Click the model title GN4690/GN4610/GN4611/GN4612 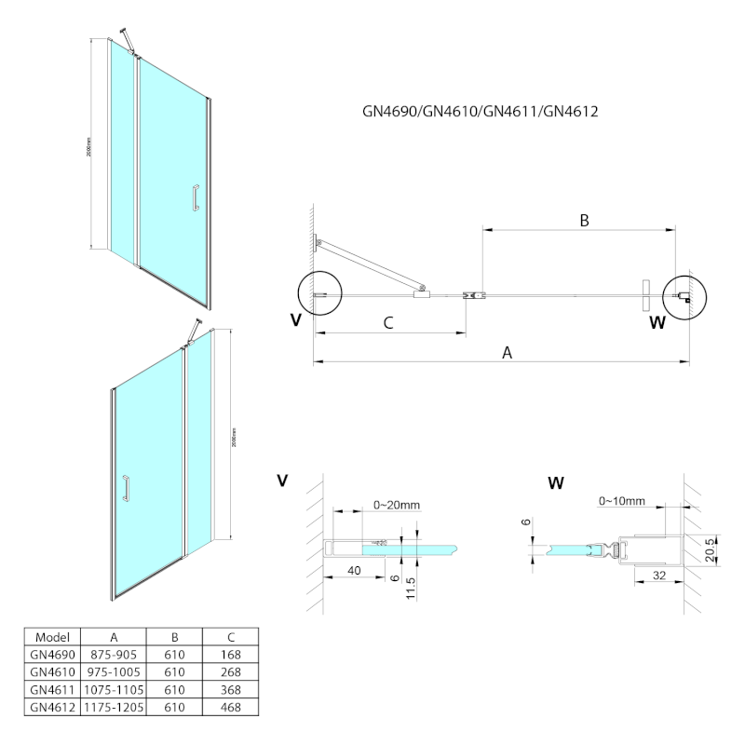pos(480,112)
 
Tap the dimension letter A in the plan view pos(508,352)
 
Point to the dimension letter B pos(584,221)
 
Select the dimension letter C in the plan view pos(389,323)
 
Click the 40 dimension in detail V pos(355,569)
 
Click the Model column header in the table pos(52,637)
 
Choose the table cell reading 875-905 pos(114,655)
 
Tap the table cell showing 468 pos(232,708)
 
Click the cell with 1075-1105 pos(114,690)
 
